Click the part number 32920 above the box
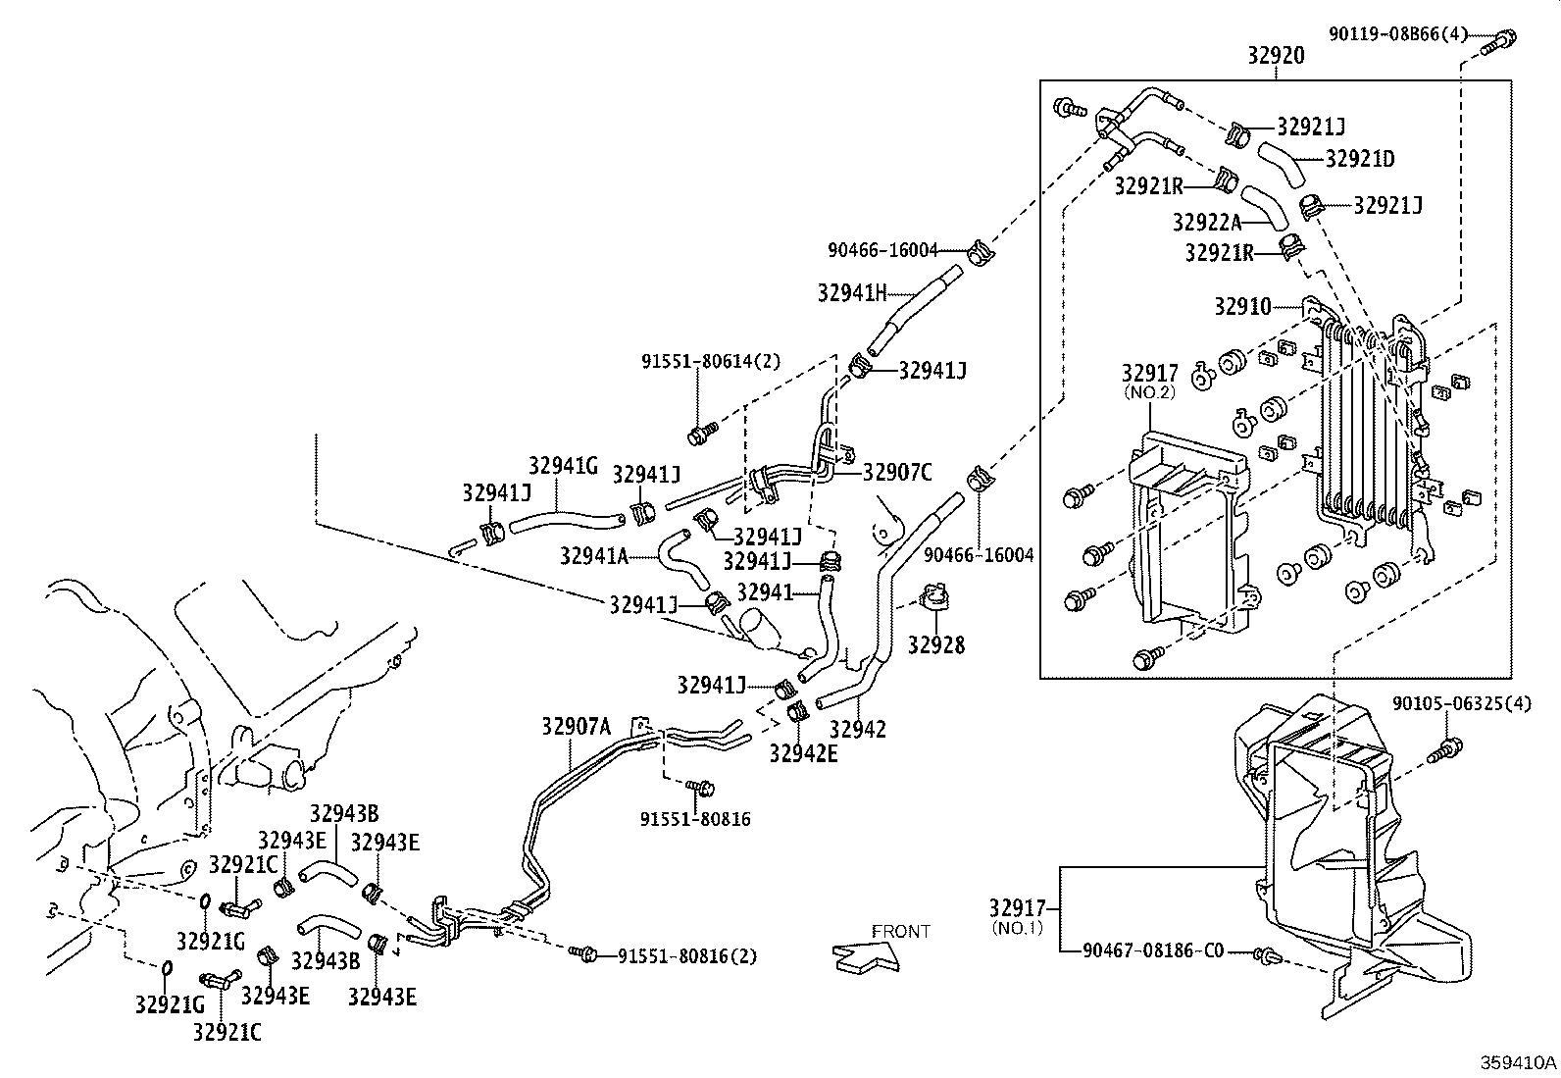[x=1276, y=56]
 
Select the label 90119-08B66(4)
[x=1398, y=34]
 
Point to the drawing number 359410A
[x=1518, y=1063]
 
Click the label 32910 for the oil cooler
[x=1242, y=306]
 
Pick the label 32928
[x=935, y=645]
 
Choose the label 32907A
[x=576, y=727]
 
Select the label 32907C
[x=897, y=473]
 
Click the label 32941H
[x=852, y=291]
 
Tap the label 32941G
[x=563, y=467]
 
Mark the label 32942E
[x=803, y=753]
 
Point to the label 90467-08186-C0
[x=1154, y=950]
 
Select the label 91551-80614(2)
[x=711, y=361]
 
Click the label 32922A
[x=1206, y=223]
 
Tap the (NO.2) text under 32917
[x=1149, y=391]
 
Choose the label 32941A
[x=593, y=556]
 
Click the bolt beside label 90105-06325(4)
[x=1450, y=750]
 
